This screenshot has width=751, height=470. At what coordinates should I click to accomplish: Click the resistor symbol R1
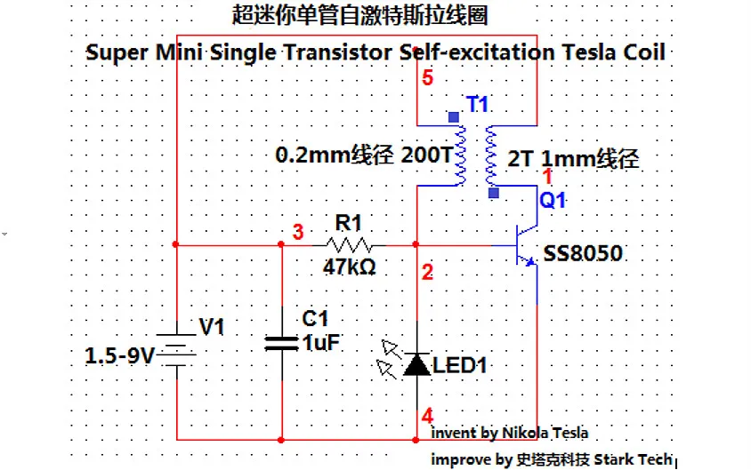click(x=352, y=244)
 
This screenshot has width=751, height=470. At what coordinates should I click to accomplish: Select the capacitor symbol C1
click(x=281, y=342)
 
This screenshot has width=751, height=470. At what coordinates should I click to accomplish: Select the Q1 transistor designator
click(x=553, y=201)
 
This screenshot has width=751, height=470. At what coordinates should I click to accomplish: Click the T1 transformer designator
click(x=478, y=105)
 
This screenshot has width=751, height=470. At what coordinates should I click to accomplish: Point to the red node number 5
click(x=428, y=79)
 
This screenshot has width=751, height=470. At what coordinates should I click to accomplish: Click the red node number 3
click(x=298, y=233)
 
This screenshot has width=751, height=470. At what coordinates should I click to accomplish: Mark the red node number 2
click(x=428, y=273)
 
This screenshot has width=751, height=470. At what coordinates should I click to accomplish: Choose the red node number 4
click(x=428, y=416)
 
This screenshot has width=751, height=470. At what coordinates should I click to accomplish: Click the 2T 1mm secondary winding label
click(x=573, y=161)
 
